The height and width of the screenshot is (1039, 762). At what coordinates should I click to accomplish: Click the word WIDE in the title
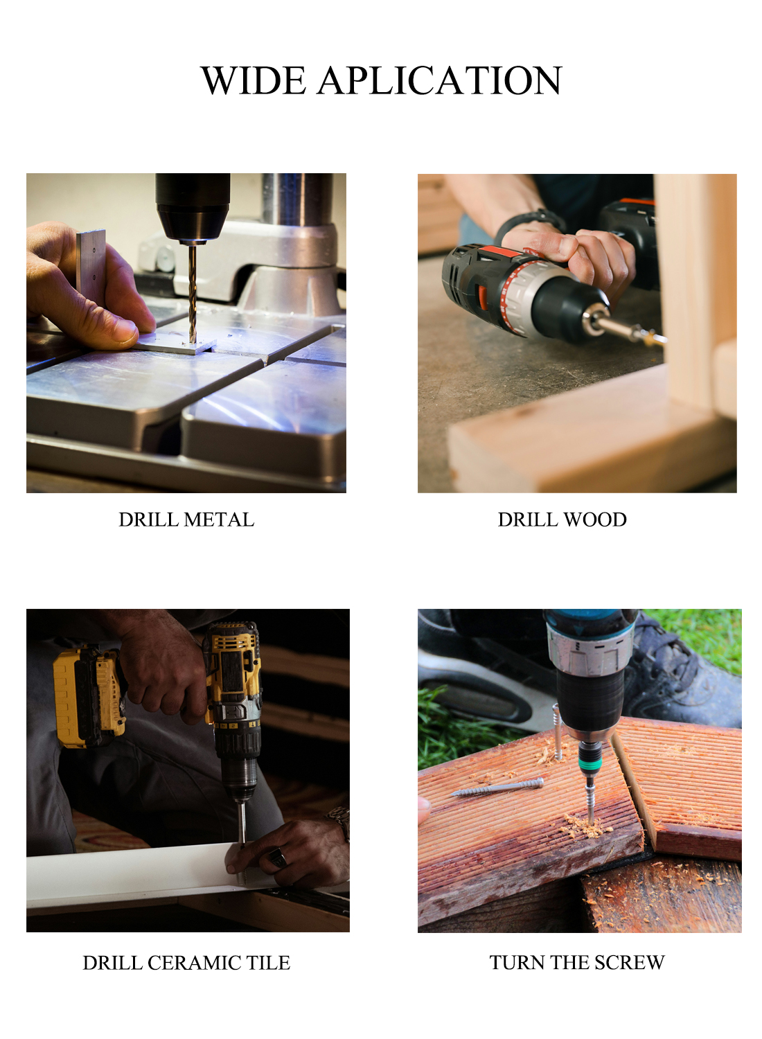pyautogui.click(x=254, y=80)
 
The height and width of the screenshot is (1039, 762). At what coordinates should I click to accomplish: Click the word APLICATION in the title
pyautogui.click(x=438, y=80)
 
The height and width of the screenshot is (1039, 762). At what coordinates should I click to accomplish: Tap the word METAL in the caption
pyautogui.click(x=219, y=519)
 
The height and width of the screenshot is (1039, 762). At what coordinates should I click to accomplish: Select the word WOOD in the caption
pyautogui.click(x=595, y=519)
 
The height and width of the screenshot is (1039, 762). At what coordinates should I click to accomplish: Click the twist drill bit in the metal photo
pyautogui.click(x=192, y=293)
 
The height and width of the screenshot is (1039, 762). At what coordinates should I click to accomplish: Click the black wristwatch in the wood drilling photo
pyautogui.click(x=529, y=221)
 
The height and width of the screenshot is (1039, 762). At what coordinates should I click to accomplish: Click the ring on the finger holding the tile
pyautogui.click(x=278, y=858)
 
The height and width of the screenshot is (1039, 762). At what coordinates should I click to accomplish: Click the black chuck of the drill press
pyautogui.click(x=193, y=207)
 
